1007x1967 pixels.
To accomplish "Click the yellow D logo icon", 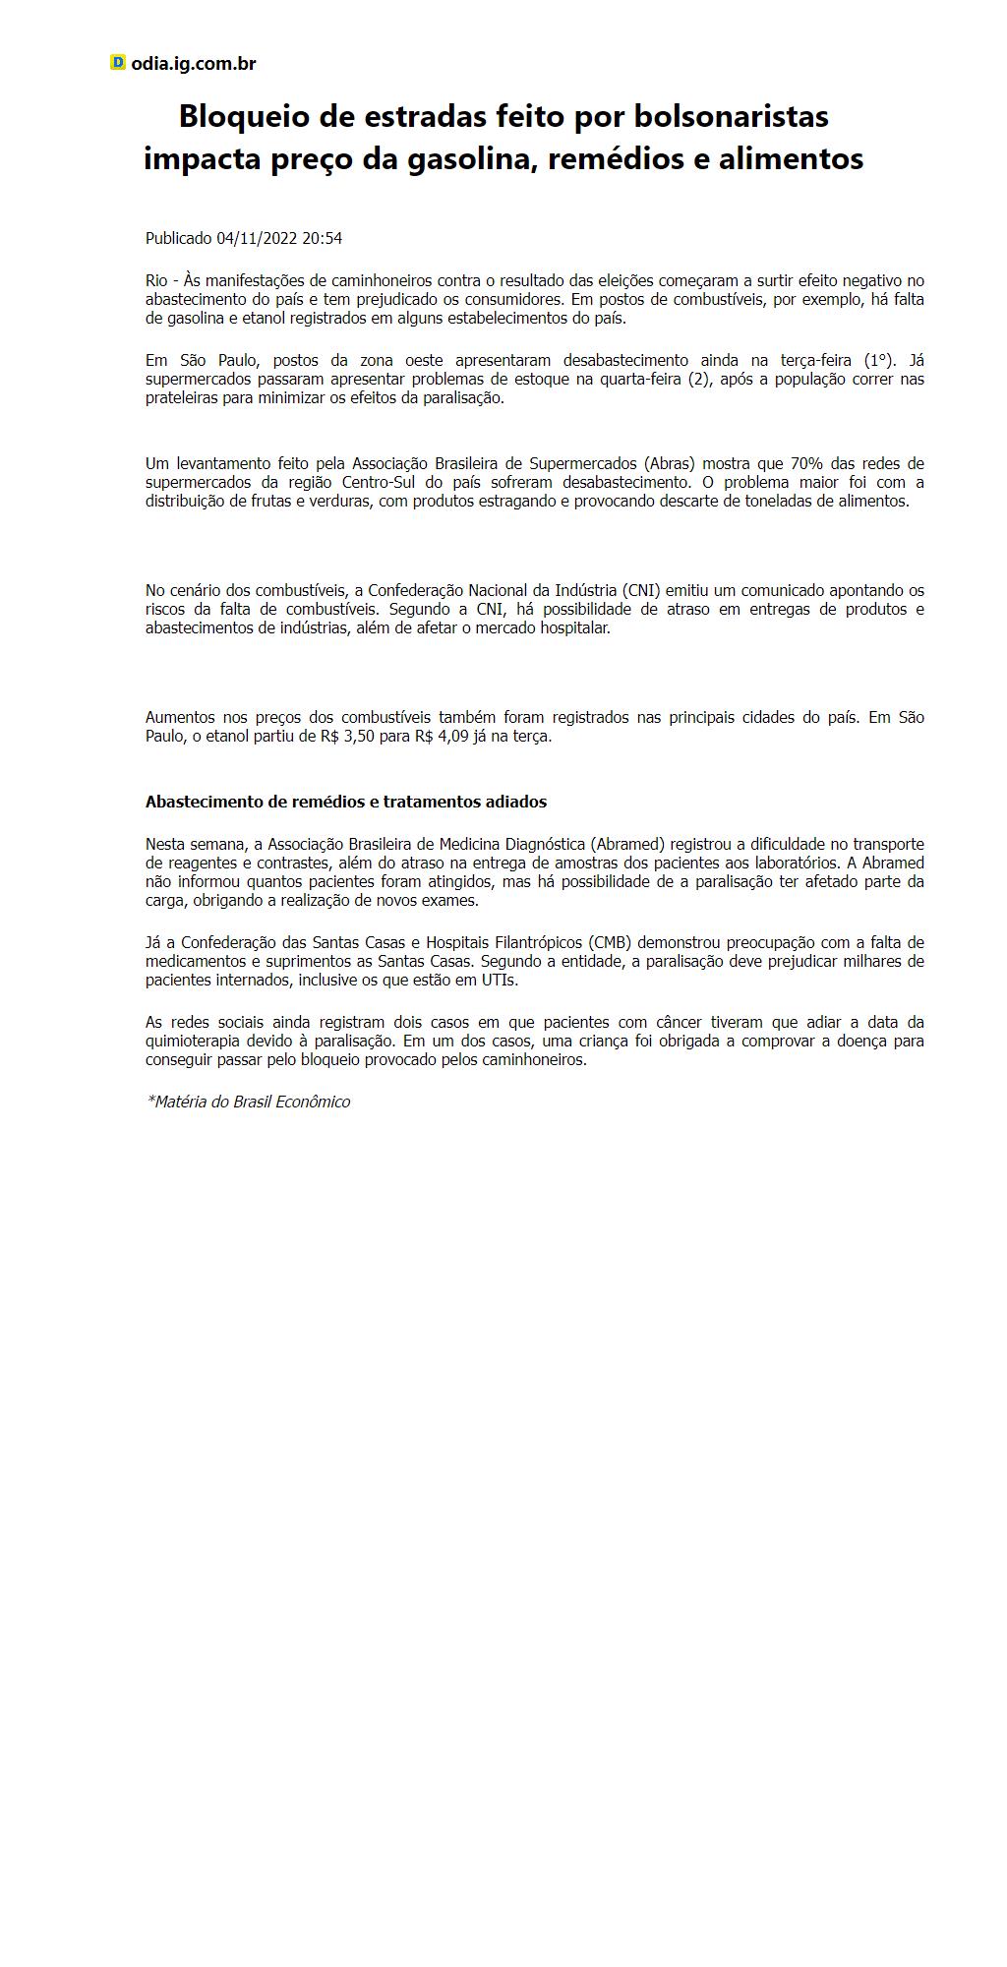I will [x=118, y=63].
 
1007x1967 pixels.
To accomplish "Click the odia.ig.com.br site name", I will [x=194, y=64].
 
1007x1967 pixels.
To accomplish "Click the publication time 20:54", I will [x=323, y=238].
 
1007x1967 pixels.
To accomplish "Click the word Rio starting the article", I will [x=156, y=281].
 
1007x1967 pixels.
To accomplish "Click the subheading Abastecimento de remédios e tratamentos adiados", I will [x=346, y=802].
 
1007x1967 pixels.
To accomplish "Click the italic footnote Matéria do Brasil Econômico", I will [x=249, y=1102].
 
